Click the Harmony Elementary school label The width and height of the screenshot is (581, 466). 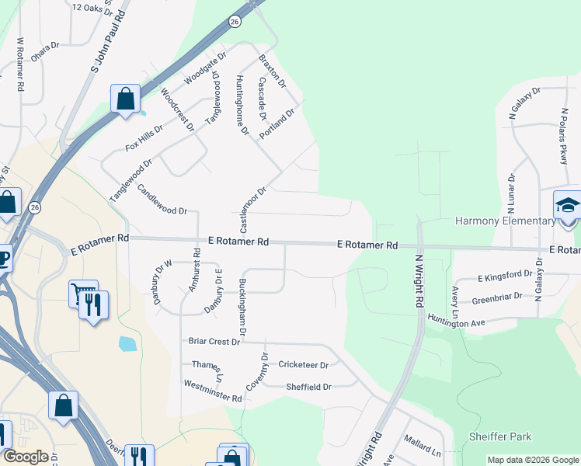(x=505, y=221)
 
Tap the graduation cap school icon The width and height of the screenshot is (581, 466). (x=567, y=207)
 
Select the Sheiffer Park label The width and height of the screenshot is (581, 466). (x=500, y=437)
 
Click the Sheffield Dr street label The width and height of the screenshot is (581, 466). (x=308, y=387)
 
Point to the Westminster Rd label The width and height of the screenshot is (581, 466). (x=213, y=391)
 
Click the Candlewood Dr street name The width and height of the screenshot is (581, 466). (x=162, y=200)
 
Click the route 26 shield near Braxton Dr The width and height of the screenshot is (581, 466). (x=235, y=23)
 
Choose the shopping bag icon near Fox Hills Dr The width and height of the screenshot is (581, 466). (x=125, y=99)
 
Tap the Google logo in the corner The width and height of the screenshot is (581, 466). (x=25, y=457)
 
